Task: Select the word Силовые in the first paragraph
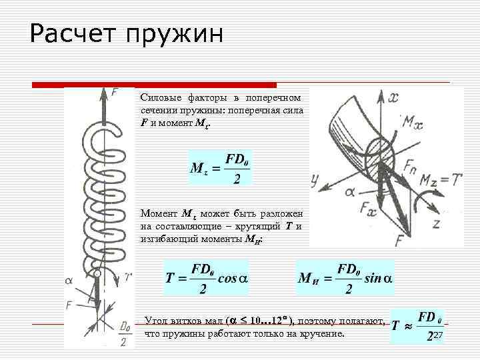(158, 97)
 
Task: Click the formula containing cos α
(207, 279)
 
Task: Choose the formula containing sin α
(345, 279)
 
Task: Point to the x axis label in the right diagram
(394, 98)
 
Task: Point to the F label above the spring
(115, 93)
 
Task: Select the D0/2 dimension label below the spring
(124, 333)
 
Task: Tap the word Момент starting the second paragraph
(159, 214)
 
